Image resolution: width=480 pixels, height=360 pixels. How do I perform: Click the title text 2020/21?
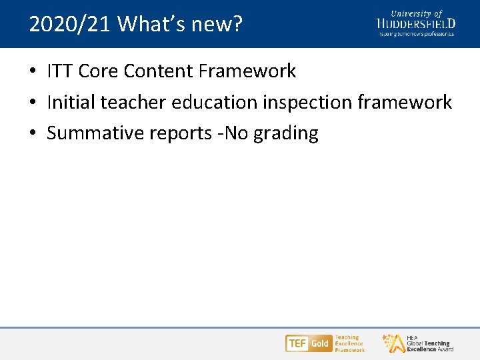click(x=71, y=25)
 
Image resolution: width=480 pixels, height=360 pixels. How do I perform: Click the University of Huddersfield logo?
click(x=415, y=23)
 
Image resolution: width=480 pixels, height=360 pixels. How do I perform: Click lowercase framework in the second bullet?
click(x=405, y=102)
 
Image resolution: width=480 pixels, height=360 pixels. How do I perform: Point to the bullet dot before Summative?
click(x=33, y=133)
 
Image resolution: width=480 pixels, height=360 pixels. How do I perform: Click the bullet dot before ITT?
click(x=33, y=71)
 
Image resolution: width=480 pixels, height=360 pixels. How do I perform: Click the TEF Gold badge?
click(x=308, y=343)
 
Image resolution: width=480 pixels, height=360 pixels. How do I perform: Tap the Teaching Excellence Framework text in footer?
click(x=349, y=343)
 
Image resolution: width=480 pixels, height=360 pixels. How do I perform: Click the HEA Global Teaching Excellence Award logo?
click(x=418, y=343)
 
